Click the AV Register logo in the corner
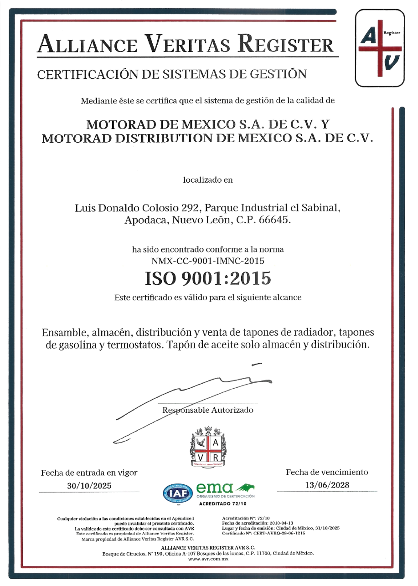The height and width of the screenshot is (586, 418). [380, 49]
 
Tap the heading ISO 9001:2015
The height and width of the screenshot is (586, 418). [207, 278]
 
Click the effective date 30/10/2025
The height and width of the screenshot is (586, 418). [89, 486]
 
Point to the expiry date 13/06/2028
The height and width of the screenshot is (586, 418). [327, 485]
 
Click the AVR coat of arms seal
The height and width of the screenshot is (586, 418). [208, 447]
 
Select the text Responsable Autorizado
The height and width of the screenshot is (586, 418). [207, 410]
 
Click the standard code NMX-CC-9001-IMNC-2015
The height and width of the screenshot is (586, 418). [207, 261]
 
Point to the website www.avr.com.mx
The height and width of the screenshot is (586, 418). [208, 558]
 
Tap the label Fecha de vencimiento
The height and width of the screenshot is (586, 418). [327, 472]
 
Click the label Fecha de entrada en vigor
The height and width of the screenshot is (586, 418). [89, 473]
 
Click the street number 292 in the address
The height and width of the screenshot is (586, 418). [191, 208]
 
